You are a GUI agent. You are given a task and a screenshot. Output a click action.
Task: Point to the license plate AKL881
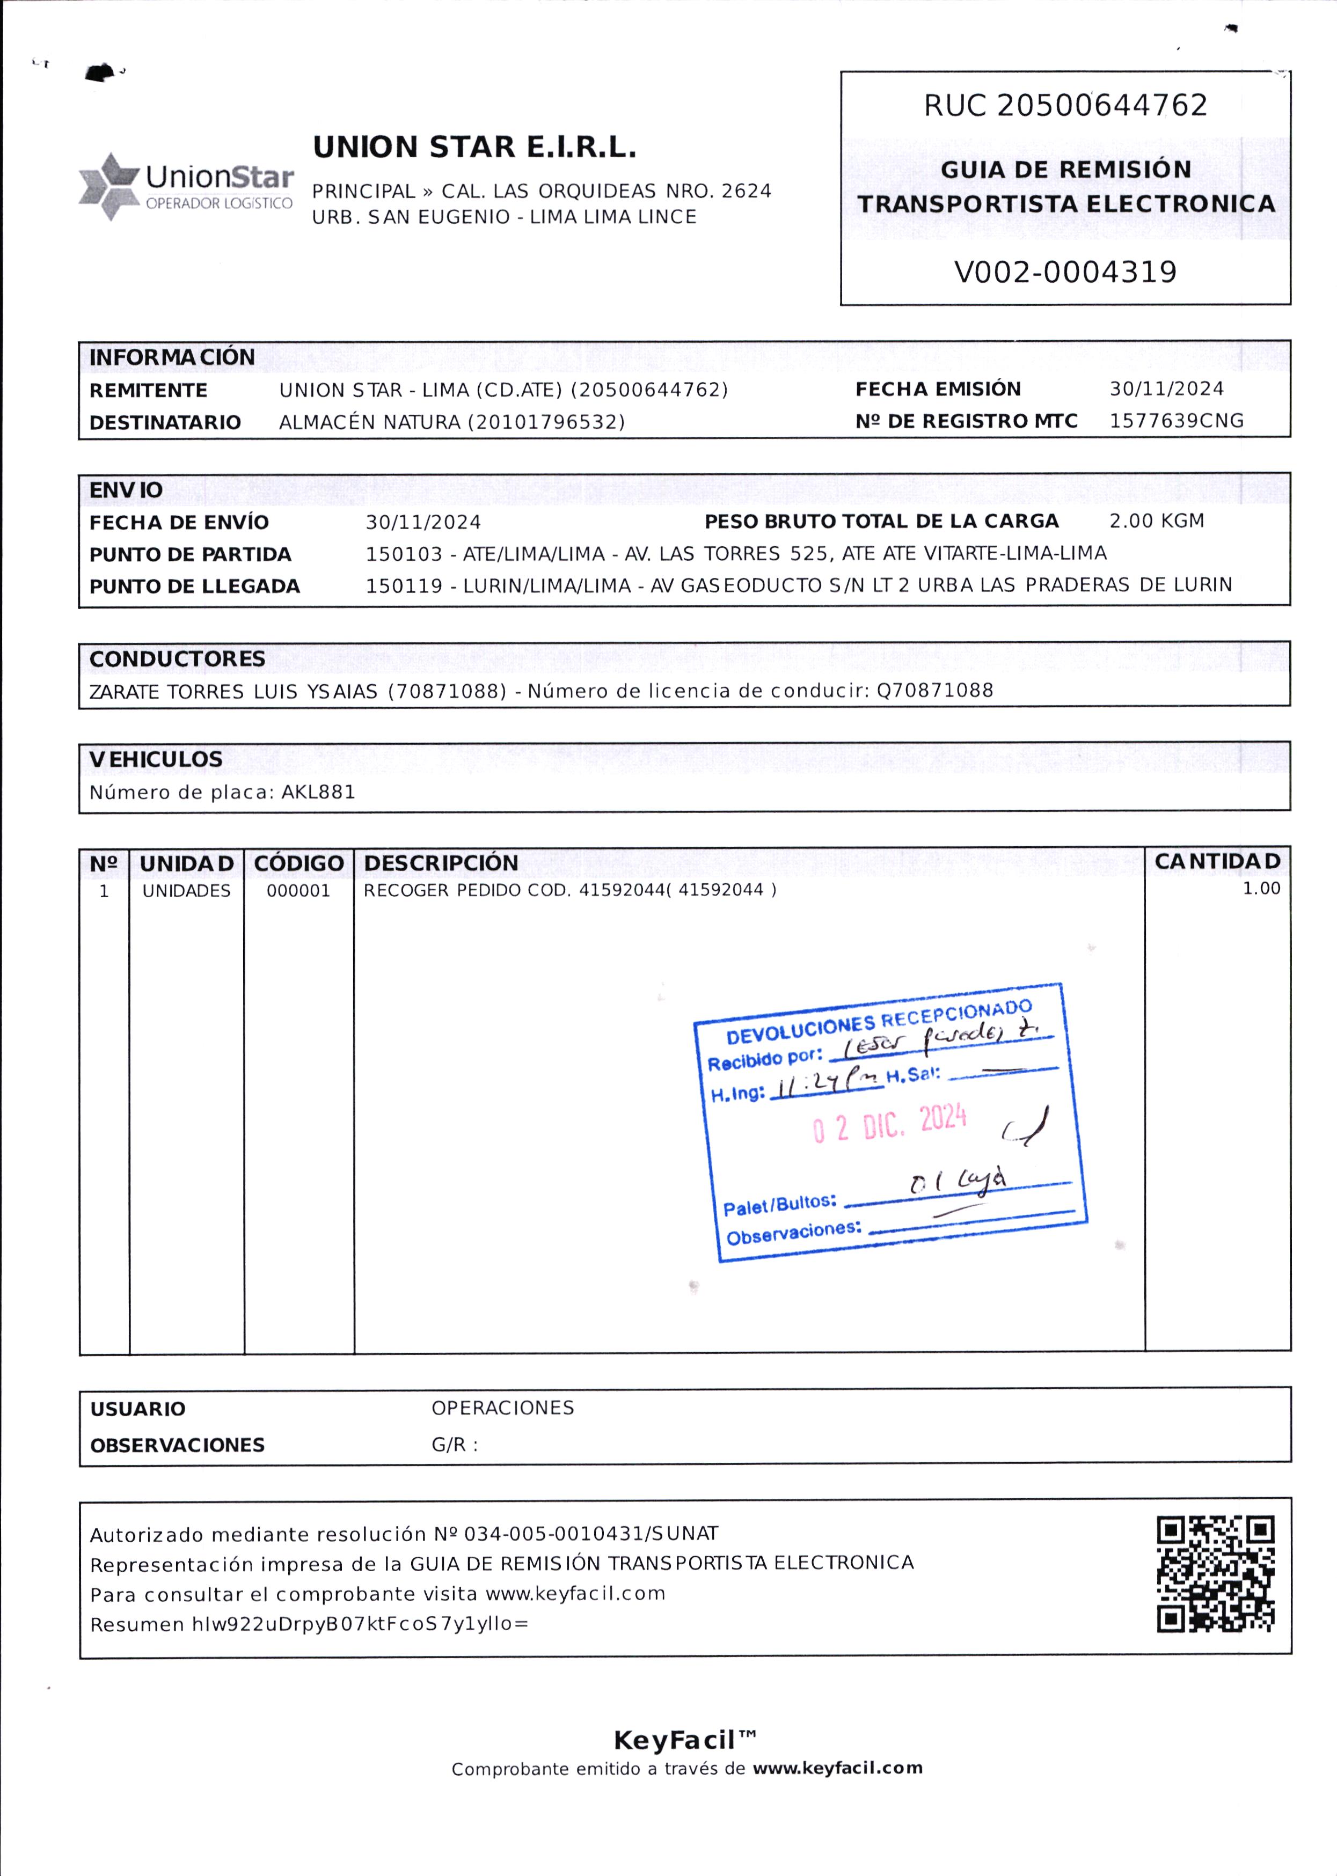[318, 792]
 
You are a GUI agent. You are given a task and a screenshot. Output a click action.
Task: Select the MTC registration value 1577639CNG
[1175, 421]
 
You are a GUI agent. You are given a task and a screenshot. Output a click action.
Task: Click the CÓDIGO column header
[298, 863]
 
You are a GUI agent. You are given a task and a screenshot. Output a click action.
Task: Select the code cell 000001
[298, 891]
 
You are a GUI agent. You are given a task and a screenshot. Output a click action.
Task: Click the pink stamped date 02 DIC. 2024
[889, 1123]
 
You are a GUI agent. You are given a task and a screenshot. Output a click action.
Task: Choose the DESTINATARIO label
[165, 422]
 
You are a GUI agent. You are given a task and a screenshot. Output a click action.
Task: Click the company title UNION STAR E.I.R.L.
[474, 148]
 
